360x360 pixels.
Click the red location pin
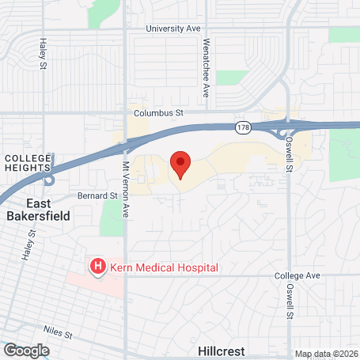pos(180,164)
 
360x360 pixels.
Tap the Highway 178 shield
pos(244,126)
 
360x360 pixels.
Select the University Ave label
pos(173,28)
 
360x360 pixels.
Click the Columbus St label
pos(158,113)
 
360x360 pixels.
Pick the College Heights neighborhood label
pos(28,162)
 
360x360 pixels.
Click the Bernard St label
pos(97,195)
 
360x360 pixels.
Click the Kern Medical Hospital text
pos(164,267)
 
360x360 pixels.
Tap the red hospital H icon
pos(98,267)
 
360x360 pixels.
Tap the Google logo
pos(26,350)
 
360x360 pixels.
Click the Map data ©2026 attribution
pos(324,354)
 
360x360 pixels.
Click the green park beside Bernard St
pos(112,218)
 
